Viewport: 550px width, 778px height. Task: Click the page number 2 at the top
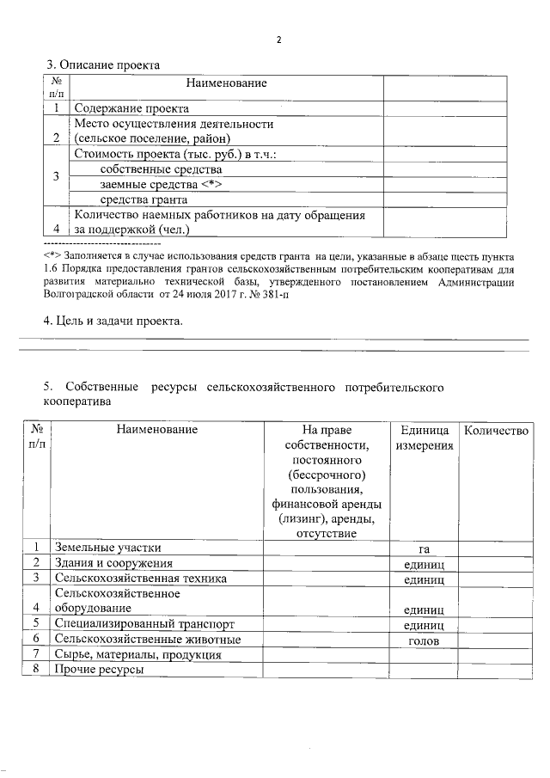tap(278, 40)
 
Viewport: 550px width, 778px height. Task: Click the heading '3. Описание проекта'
tap(102, 64)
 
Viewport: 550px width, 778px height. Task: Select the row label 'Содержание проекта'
tap(131, 108)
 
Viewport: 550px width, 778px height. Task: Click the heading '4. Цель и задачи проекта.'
tap(113, 322)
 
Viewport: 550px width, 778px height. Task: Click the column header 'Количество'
tap(496, 429)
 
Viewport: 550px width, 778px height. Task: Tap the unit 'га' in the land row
tap(423, 548)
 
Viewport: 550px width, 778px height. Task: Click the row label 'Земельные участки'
tap(107, 548)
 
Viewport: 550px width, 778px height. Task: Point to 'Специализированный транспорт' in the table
tap(144, 623)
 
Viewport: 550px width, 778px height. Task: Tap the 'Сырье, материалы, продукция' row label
tap(137, 655)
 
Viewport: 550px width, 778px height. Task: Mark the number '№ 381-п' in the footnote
tap(276, 294)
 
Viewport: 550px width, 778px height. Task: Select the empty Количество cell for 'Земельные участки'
tap(496, 548)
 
